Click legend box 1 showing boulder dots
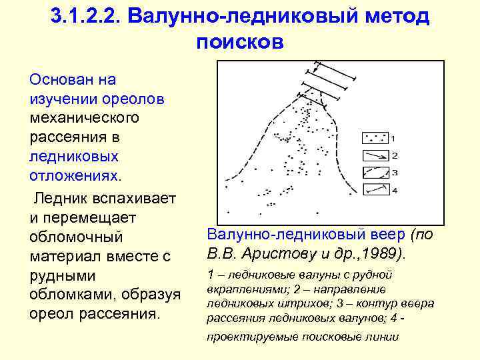pyautogui.click(x=375, y=138)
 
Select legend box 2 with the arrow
pyautogui.click(x=375, y=155)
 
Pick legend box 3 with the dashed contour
pyautogui.click(x=375, y=173)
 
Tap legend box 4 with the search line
pyautogui.click(x=375, y=190)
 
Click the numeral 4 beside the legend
pyautogui.click(x=394, y=191)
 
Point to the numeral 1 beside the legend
pyautogui.click(x=393, y=139)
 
